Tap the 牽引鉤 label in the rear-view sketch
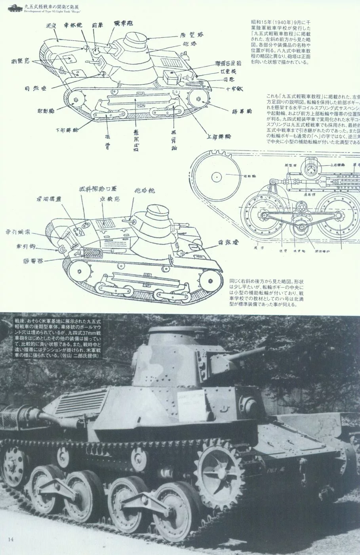[24, 247]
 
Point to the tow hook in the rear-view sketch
[61, 250]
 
